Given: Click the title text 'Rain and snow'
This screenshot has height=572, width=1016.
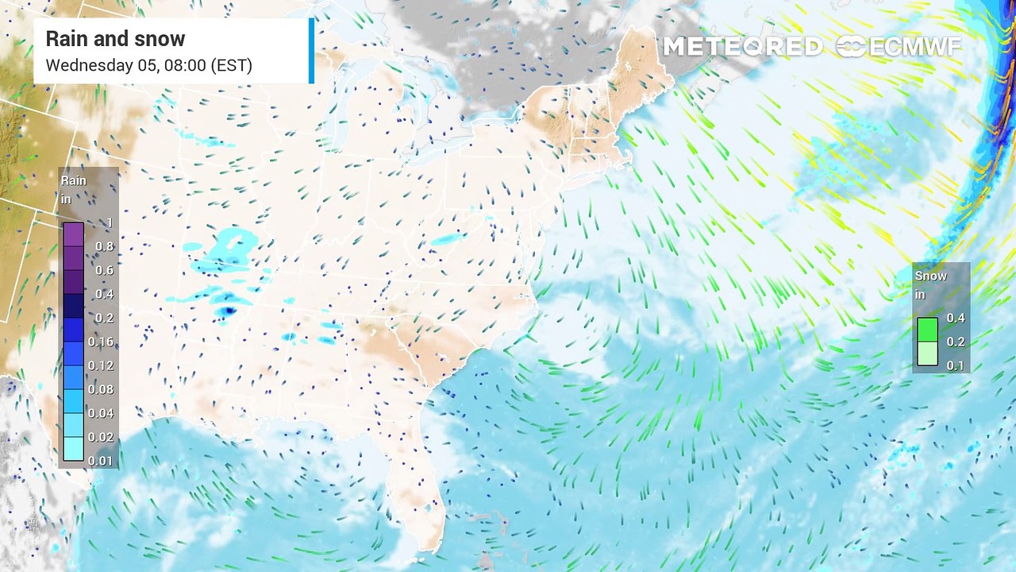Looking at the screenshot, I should (x=115, y=39).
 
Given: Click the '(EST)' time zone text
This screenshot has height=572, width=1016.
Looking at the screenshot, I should (x=232, y=65).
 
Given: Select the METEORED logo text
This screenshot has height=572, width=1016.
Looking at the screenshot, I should (x=742, y=47).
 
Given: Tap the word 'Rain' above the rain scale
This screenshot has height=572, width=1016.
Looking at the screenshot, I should (x=74, y=181).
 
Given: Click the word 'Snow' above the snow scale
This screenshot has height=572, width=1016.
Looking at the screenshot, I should (x=931, y=276).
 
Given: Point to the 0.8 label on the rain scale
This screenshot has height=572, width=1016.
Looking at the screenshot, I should (x=105, y=246).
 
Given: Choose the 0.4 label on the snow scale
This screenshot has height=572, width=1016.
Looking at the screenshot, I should (x=956, y=318).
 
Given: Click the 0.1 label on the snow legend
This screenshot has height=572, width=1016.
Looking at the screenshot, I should (x=956, y=365).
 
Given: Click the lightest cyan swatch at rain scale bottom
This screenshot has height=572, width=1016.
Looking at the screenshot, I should (x=73, y=450).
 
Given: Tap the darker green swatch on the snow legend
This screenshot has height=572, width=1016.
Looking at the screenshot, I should (x=927, y=330).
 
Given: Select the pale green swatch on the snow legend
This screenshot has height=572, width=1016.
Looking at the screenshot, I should (x=927, y=354).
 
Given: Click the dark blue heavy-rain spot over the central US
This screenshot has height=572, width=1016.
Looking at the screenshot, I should (x=229, y=311).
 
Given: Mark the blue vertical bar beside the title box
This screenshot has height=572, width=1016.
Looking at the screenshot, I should (x=311, y=50).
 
